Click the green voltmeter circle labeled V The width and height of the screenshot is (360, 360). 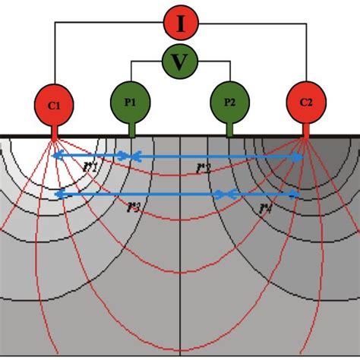(x=180, y=62)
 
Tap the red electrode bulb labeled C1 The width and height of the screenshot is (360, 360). (x=55, y=105)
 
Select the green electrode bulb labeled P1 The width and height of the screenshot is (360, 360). (x=131, y=101)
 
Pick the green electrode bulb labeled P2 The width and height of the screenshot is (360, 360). (x=229, y=101)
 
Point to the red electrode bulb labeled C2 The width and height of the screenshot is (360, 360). (x=305, y=105)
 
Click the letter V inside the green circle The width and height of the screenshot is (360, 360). (x=180, y=62)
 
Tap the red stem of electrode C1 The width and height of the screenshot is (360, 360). (x=55, y=131)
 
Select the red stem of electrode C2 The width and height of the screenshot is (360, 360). (x=305, y=131)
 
